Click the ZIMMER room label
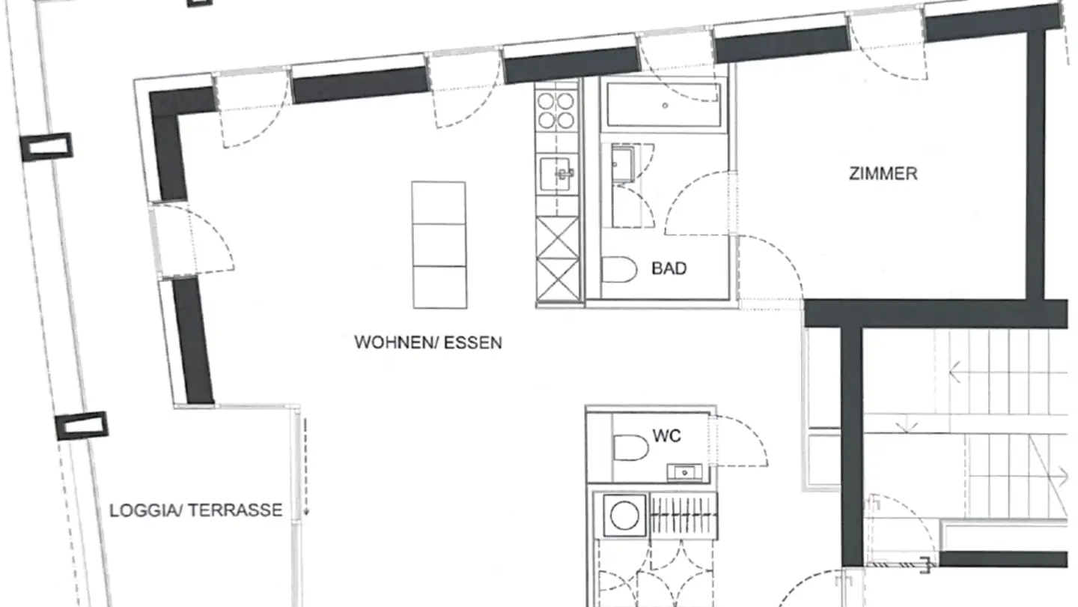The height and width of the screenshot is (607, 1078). [883, 174]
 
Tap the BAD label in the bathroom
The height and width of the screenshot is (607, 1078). [669, 269]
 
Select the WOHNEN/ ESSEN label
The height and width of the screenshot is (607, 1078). [428, 342]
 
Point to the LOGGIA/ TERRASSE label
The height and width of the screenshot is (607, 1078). [196, 510]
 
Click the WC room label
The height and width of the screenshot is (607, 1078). [666, 436]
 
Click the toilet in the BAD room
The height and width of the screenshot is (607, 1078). [619, 269]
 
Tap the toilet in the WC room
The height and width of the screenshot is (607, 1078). [630, 447]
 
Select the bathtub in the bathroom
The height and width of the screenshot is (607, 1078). [664, 105]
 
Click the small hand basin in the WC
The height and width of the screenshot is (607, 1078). [684, 473]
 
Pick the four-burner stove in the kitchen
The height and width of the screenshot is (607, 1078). [555, 111]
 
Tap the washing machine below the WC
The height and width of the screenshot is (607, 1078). [624, 516]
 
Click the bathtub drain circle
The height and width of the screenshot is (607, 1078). [665, 106]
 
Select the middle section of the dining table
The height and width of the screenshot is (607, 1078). [439, 245]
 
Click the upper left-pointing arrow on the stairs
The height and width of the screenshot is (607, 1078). [955, 372]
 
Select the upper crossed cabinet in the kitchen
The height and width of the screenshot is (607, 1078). [558, 238]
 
